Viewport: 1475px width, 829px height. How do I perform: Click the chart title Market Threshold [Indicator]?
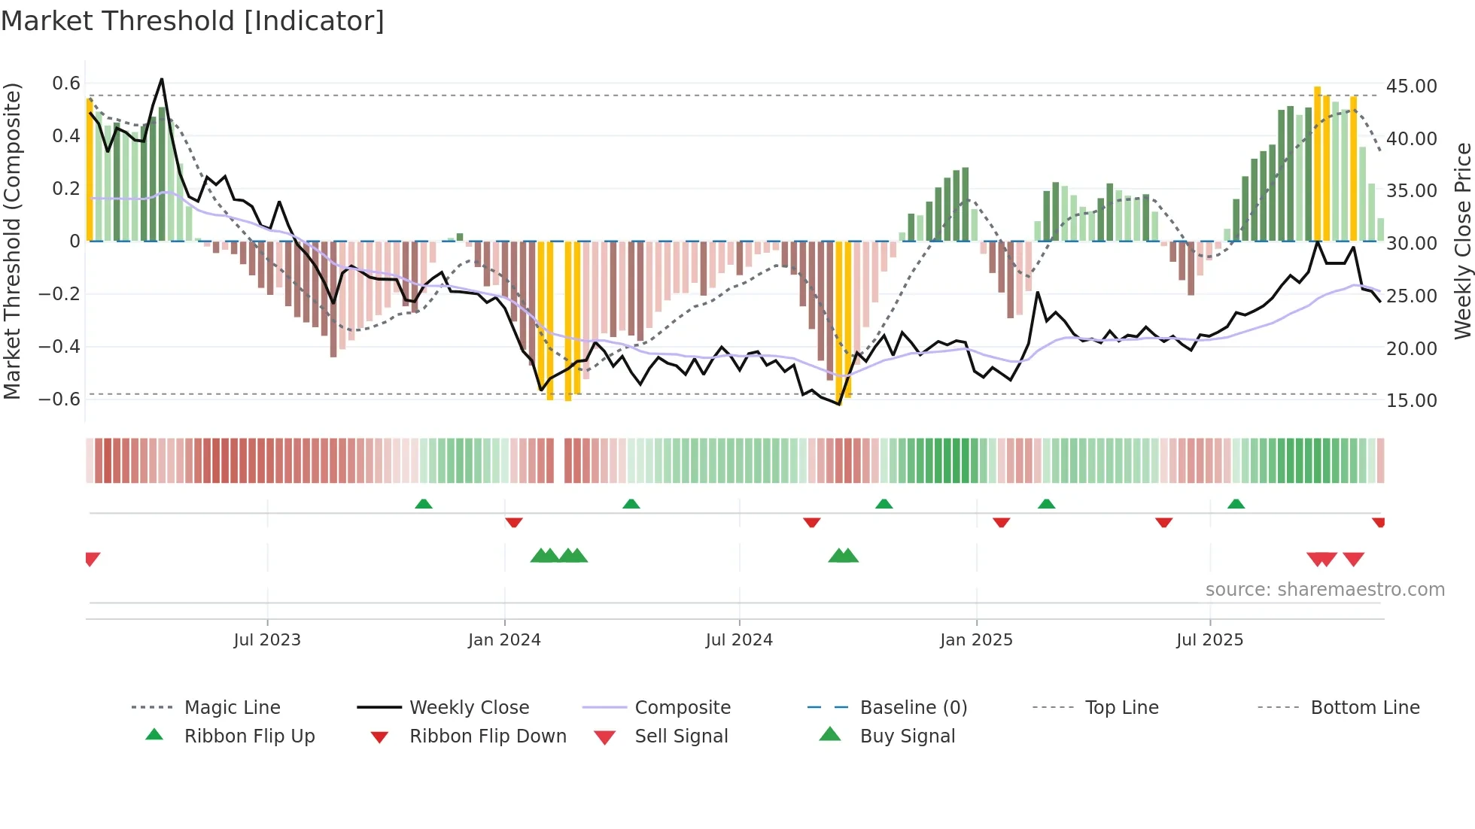(x=193, y=21)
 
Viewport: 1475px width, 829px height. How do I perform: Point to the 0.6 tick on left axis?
(x=66, y=84)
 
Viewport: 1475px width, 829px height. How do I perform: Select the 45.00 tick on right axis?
(x=1411, y=87)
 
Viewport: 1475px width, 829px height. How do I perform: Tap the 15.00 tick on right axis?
(x=1411, y=401)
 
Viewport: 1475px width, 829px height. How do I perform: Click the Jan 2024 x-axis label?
(x=504, y=640)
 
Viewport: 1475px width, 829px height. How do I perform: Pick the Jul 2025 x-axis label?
(x=1209, y=640)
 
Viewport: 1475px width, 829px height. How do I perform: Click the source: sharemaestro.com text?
(x=1324, y=590)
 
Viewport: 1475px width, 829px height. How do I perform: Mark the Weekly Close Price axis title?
(x=1462, y=241)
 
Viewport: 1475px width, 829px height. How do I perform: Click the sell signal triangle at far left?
(x=92, y=558)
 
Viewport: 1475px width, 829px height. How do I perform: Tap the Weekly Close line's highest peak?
(x=162, y=79)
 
